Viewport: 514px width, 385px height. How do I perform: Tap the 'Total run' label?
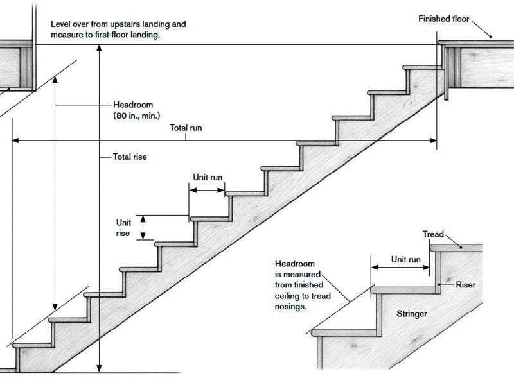(x=186, y=128)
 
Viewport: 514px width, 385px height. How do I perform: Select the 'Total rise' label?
(x=130, y=156)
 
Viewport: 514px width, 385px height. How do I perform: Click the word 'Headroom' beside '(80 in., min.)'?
(x=133, y=105)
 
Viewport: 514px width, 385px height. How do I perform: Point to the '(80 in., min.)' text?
(x=137, y=116)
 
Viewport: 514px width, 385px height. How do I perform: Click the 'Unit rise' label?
(x=123, y=228)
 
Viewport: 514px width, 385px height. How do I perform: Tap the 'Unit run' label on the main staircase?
(x=208, y=177)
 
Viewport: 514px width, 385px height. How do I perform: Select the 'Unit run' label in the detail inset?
(x=406, y=260)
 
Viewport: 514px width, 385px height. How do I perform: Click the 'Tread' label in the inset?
(x=432, y=234)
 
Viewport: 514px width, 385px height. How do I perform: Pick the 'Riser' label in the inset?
(x=465, y=284)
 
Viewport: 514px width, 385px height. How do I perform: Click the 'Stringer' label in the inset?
(x=411, y=314)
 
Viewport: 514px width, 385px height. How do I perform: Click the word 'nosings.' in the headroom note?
(x=291, y=307)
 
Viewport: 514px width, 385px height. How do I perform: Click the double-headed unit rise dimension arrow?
(x=143, y=227)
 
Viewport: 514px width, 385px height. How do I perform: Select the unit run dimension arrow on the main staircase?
(x=207, y=191)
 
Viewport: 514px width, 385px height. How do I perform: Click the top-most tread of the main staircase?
(x=421, y=65)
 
